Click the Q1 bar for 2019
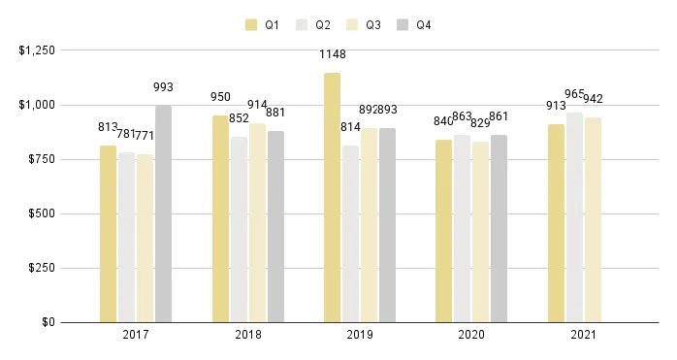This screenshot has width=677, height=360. pyautogui.click(x=333, y=197)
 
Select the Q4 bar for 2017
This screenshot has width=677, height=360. pyautogui.click(x=163, y=213)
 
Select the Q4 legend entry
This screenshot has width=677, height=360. pyautogui.click(x=415, y=25)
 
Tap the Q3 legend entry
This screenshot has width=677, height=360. pyautogui.click(x=365, y=25)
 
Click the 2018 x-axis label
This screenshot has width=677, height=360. pyautogui.click(x=247, y=335)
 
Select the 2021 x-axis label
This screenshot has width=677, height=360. pyautogui.click(x=583, y=335)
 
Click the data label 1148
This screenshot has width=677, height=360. pyautogui.click(x=333, y=54)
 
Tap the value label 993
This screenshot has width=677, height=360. pyautogui.click(x=163, y=87)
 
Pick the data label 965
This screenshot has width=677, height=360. pyautogui.click(x=575, y=94)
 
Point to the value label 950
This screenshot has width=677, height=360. pyautogui.click(x=221, y=97)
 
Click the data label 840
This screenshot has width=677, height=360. pyautogui.click(x=443, y=121)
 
